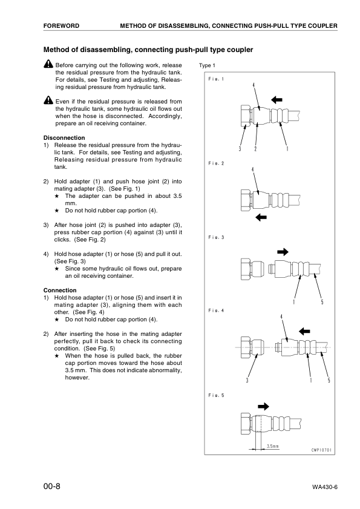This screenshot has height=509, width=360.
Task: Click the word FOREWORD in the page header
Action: [x=61, y=26]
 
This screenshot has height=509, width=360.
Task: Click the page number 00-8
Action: [x=52, y=486]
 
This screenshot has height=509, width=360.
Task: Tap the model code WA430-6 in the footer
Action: [x=325, y=487]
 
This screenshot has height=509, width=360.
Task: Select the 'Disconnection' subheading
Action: [x=64, y=137]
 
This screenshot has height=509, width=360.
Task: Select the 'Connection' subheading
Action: [x=60, y=290]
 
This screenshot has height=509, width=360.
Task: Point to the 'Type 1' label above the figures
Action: [x=207, y=65]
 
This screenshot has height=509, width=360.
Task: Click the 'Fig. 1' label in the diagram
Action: [x=216, y=79]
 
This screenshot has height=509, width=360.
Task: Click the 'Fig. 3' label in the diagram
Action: [x=216, y=237]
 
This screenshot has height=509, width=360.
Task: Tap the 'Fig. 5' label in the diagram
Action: [x=216, y=395]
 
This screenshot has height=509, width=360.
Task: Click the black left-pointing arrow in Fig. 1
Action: [x=277, y=100]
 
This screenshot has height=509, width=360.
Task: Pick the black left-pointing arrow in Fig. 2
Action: [x=261, y=217]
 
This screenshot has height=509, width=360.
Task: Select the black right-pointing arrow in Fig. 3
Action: [x=283, y=252]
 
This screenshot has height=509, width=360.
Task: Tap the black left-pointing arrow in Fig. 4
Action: [x=304, y=331]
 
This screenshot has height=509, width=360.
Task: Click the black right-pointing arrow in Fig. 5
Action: [x=263, y=407]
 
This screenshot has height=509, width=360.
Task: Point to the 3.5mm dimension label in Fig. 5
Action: [x=273, y=446]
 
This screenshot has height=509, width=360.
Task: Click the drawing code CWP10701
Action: [x=321, y=450]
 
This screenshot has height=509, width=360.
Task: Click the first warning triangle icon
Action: [x=48, y=64]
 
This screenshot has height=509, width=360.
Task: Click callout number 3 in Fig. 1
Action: [x=240, y=149]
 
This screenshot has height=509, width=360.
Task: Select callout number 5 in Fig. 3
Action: [x=322, y=302]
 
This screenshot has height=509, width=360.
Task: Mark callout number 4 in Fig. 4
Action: [x=281, y=317]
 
